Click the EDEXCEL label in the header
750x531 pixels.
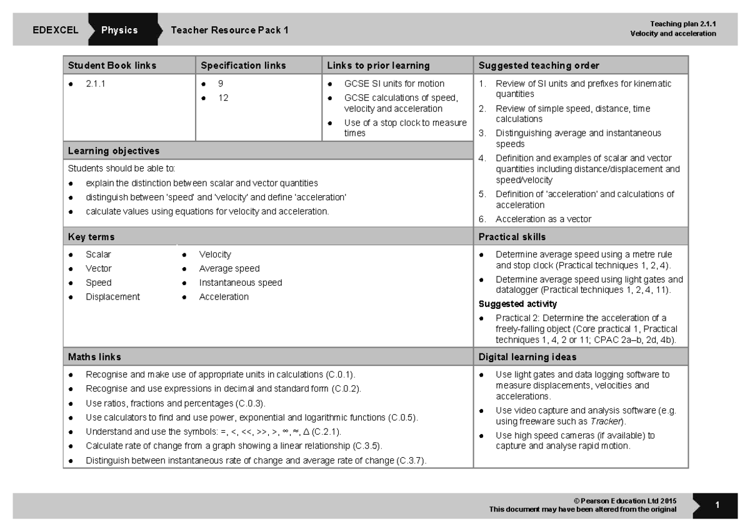[x=56, y=30]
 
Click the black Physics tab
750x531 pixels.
[x=119, y=30]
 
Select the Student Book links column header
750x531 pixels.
[x=112, y=65]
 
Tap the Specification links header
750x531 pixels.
[x=243, y=65]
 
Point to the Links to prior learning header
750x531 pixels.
[x=378, y=65]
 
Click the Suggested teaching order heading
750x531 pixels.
[x=539, y=65]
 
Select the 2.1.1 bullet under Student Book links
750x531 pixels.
[x=96, y=83]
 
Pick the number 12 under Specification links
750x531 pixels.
[x=222, y=97]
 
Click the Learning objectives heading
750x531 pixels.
[x=113, y=151]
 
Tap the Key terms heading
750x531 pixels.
[x=91, y=237]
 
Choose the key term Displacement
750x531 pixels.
[x=112, y=296]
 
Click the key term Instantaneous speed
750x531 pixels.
[x=240, y=283]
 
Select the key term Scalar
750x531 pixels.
[x=98, y=255]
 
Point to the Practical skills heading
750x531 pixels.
[x=512, y=237]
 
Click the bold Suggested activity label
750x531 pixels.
[x=517, y=304]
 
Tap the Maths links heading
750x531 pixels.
[x=94, y=357]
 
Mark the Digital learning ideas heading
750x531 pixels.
[x=527, y=357]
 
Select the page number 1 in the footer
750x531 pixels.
[x=717, y=505]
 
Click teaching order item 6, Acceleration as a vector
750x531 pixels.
[x=543, y=219]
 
